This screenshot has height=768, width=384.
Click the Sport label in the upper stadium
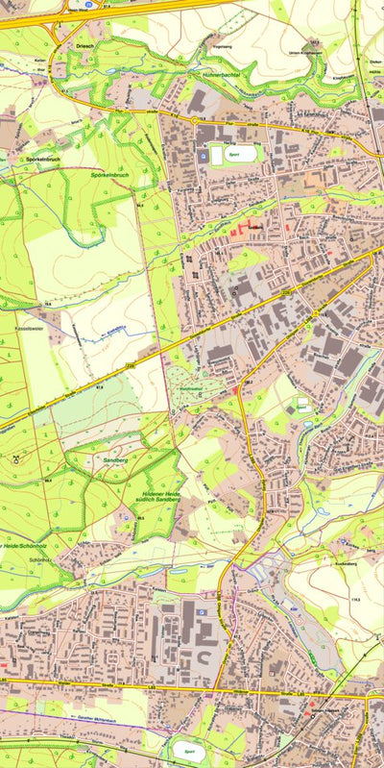[x=232, y=153]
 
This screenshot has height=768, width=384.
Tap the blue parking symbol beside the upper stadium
[x=203, y=155]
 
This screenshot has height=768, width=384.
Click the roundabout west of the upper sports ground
[x=194, y=120]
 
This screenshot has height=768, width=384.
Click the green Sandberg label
[x=114, y=461]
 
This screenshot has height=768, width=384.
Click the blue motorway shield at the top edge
[x=88, y=4]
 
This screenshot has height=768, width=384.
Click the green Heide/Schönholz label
[x=26, y=545]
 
